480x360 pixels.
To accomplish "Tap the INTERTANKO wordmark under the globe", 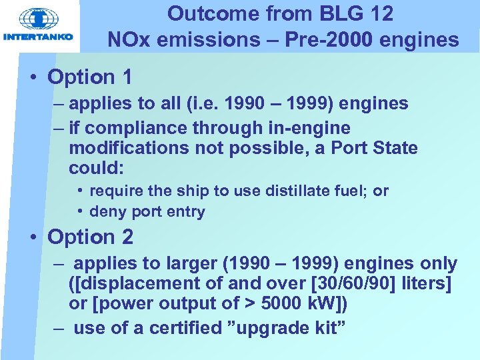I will click(38, 37).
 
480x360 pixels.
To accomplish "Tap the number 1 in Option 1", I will click(125, 77).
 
